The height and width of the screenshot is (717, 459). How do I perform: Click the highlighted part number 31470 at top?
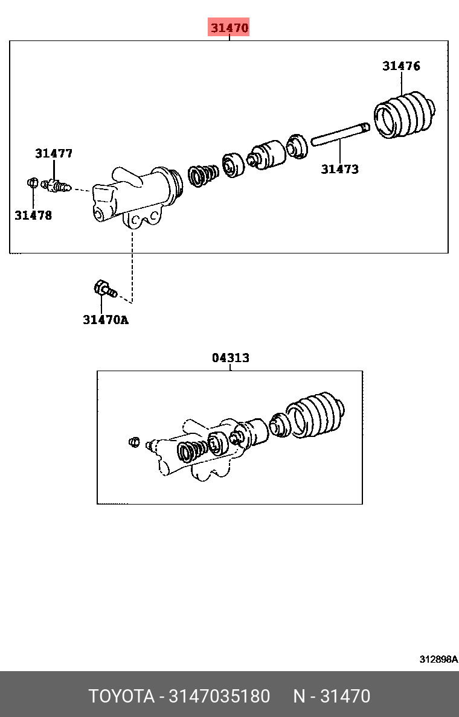(x=230, y=28)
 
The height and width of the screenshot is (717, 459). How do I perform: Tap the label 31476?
(x=402, y=66)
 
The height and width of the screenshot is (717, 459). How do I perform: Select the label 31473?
(x=339, y=169)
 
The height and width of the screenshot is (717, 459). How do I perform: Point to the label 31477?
(x=54, y=153)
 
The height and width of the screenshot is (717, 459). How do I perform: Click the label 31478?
(x=33, y=215)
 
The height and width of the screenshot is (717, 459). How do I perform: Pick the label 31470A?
(x=106, y=320)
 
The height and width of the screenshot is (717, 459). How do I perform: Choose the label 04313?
(x=231, y=357)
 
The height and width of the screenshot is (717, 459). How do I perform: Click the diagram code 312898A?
(x=438, y=659)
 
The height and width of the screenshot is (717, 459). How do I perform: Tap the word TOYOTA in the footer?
(x=121, y=696)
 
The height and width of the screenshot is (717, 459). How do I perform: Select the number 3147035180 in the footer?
(x=219, y=696)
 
